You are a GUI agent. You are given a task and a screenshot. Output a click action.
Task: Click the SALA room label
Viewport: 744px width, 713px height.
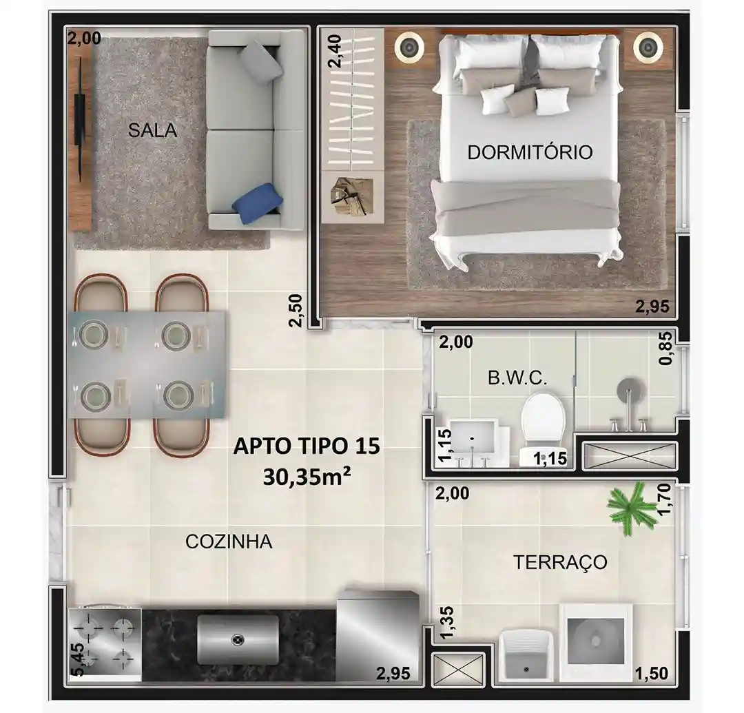pyautogui.click(x=152, y=130)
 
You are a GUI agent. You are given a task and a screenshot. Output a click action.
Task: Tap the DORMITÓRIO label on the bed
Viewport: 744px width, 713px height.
pyautogui.click(x=530, y=152)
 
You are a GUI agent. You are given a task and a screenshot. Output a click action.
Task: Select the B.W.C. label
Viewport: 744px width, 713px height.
pyautogui.click(x=517, y=378)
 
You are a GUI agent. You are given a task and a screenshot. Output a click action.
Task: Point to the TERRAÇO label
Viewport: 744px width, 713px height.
pyautogui.click(x=560, y=562)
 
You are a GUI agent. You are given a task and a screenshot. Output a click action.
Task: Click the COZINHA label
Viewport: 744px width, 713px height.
pyautogui.click(x=229, y=541)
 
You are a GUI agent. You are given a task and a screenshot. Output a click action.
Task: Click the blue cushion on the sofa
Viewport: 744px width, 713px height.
pyautogui.click(x=258, y=203)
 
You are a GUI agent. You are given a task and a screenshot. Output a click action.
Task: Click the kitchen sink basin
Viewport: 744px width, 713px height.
pyautogui.click(x=238, y=639)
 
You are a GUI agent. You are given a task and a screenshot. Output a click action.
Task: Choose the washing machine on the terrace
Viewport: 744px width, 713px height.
pyautogui.click(x=596, y=642)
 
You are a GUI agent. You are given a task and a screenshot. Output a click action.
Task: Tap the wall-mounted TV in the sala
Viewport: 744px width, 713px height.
pyautogui.click(x=81, y=119)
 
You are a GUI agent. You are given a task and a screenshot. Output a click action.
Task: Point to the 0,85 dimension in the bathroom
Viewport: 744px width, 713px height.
pyautogui.click(x=666, y=348)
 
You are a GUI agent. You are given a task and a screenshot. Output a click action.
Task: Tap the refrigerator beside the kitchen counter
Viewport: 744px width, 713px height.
pyautogui.click(x=378, y=635)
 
